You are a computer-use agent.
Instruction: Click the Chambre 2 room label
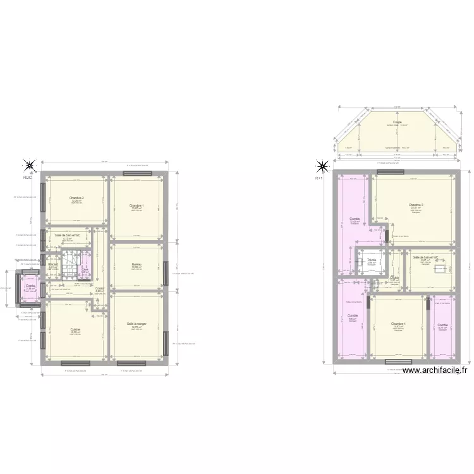[77, 198]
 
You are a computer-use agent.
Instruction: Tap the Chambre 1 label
[137, 206]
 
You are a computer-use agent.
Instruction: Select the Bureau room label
[137, 264]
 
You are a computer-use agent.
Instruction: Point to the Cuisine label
[76, 329]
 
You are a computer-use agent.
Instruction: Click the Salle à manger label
[135, 324]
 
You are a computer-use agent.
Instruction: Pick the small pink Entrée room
[30, 287]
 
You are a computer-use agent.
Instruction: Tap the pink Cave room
[85, 271]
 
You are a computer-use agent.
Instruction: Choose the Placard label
[54, 265]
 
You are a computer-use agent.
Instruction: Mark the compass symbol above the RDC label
[29, 166]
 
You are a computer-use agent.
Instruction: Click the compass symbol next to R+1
[322, 167]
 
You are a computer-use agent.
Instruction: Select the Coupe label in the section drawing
[397, 122]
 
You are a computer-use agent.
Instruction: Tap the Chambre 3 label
[415, 205]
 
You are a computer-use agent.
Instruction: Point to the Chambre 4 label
[398, 324]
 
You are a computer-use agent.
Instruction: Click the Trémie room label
[372, 260]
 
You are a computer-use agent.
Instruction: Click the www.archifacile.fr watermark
[434, 371]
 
